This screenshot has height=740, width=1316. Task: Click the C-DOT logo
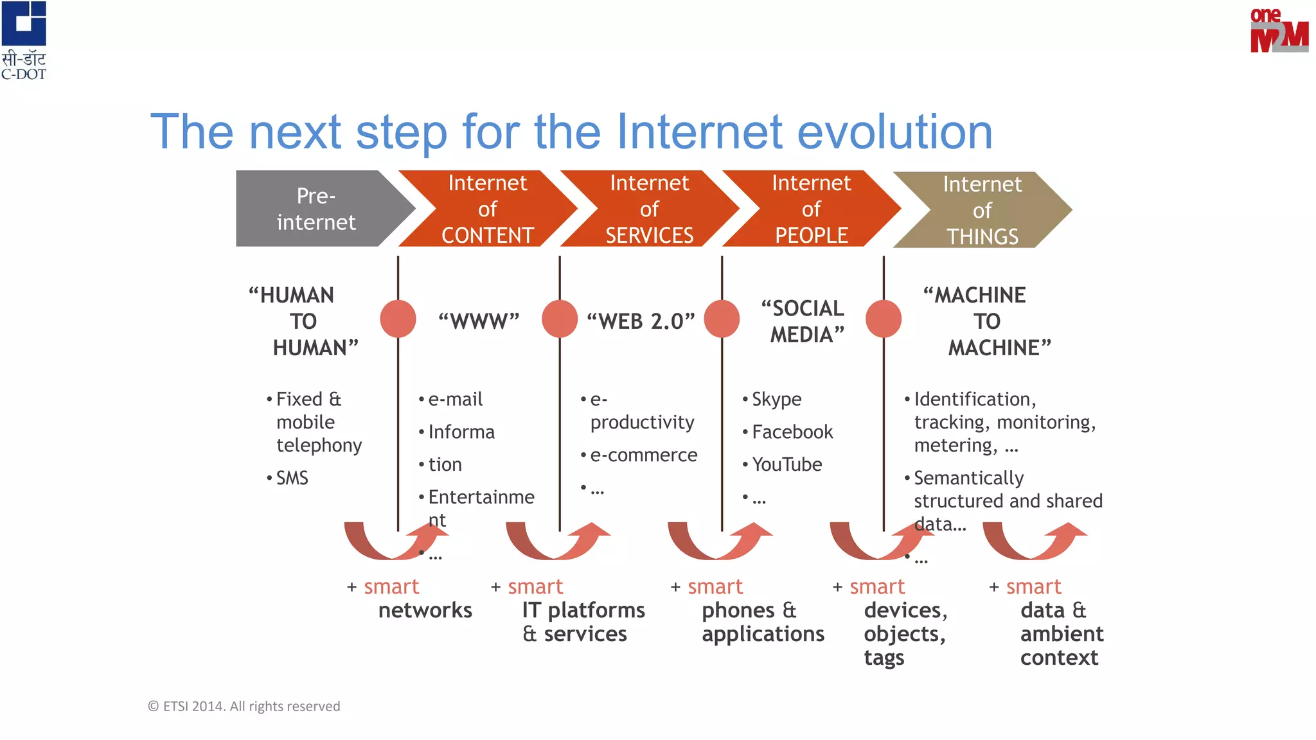(x=24, y=40)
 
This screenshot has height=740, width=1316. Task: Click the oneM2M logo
(x=1279, y=31)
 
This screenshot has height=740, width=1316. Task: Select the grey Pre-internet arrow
(x=316, y=209)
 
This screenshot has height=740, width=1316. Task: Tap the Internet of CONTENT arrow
(x=487, y=209)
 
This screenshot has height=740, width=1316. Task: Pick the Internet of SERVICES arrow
(x=649, y=209)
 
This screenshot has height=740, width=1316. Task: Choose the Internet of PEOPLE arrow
(x=811, y=209)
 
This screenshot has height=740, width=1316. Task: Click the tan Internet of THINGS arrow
(x=982, y=210)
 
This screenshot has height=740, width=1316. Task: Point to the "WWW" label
(x=479, y=321)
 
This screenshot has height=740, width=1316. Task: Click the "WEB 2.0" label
(x=641, y=321)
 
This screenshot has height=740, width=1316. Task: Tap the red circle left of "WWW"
(x=398, y=319)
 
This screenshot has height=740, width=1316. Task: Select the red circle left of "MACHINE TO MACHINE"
(x=884, y=319)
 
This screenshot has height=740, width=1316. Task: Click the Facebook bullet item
(x=792, y=432)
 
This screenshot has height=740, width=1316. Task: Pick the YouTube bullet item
(x=787, y=464)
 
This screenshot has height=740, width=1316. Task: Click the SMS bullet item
(x=292, y=478)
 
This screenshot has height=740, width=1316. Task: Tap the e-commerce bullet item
(x=643, y=455)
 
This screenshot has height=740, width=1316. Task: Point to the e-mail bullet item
(x=455, y=399)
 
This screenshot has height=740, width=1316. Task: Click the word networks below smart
(x=425, y=610)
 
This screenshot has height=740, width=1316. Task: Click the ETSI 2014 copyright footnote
(x=244, y=706)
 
